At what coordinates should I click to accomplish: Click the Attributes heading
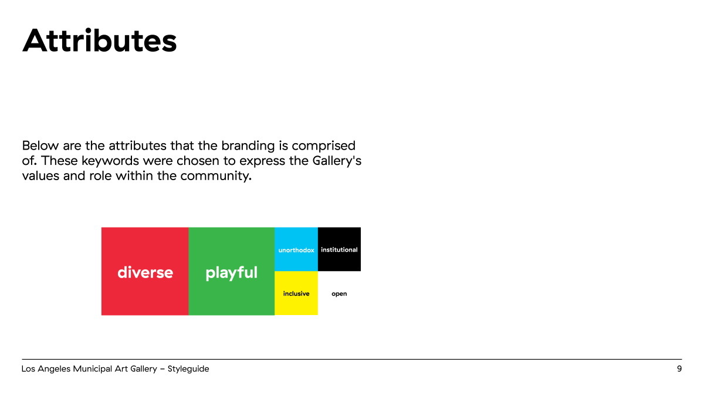click(x=99, y=40)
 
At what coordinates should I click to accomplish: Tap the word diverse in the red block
click(x=145, y=272)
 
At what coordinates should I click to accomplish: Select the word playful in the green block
click(x=232, y=273)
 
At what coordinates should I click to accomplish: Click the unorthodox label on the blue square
click(x=296, y=250)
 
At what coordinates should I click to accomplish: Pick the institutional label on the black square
click(x=339, y=249)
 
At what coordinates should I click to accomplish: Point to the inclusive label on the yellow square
click(x=296, y=293)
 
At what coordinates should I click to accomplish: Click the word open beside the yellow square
click(x=339, y=294)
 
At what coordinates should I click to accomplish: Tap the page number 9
click(x=679, y=368)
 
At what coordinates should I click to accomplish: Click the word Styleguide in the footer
click(x=188, y=369)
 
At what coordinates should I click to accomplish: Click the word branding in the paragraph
click(x=248, y=146)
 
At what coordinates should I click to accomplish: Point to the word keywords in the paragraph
click(x=110, y=161)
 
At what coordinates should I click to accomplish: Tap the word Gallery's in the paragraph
click(x=337, y=161)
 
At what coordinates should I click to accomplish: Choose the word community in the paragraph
click(x=216, y=176)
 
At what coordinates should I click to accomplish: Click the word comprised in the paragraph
click(x=323, y=146)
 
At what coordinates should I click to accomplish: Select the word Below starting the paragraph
click(x=40, y=145)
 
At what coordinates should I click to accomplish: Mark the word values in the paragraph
click(x=40, y=175)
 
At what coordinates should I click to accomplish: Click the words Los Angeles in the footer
click(x=46, y=369)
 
